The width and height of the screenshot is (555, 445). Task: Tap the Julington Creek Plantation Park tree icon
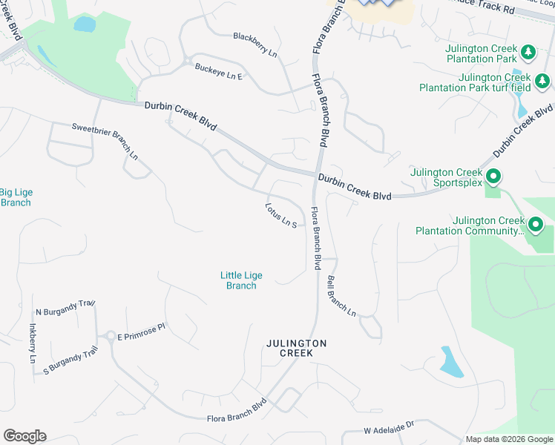tap(528, 52)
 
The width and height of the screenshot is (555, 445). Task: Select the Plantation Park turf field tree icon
tap(542, 81)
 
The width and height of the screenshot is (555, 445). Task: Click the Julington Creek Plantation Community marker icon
tap(536, 224)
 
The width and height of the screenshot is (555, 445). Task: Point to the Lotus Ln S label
tap(281, 215)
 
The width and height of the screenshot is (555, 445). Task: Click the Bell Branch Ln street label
tap(342, 296)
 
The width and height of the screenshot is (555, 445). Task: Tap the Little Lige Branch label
tap(241, 280)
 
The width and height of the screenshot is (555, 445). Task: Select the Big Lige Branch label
tap(16, 197)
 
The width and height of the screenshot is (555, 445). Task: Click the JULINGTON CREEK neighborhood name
tap(296, 348)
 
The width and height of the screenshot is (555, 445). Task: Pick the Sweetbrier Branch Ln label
tap(105, 141)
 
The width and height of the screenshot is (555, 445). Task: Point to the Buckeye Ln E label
tap(219, 71)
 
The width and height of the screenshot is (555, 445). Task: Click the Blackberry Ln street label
tap(254, 45)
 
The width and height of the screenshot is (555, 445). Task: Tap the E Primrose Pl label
tap(141, 336)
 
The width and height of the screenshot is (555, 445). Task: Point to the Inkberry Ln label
tap(32, 343)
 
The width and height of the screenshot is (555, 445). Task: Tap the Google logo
tap(24, 436)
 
